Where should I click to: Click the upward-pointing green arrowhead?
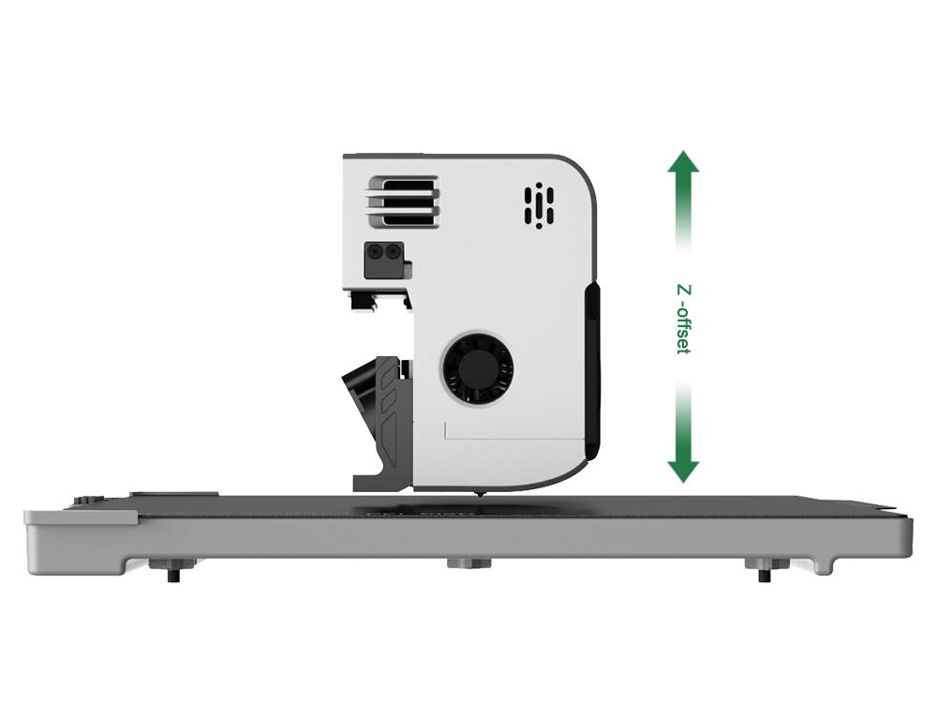click(x=683, y=162)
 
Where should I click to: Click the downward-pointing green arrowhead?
click(x=683, y=471)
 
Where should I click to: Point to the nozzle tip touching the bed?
click(x=479, y=496)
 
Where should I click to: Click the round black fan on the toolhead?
click(x=477, y=368)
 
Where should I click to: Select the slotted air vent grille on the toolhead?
click(x=404, y=202)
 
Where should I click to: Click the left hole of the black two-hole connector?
click(x=376, y=252)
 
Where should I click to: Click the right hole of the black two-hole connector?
click(x=392, y=252)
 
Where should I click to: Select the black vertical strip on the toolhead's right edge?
click(x=591, y=370)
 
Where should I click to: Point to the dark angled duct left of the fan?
click(x=377, y=407)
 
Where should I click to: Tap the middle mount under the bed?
click(x=469, y=563)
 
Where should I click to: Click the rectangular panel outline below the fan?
click(x=514, y=431)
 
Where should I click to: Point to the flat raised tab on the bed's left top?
click(x=174, y=494)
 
